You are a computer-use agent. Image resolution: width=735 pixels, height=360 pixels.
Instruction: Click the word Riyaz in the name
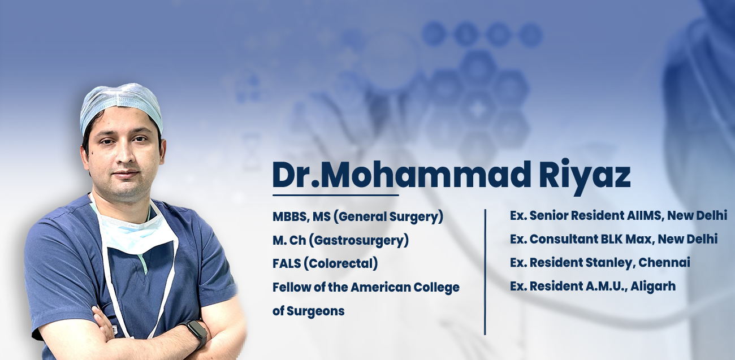(585, 176)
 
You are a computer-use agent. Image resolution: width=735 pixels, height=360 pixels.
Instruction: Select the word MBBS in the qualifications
(289, 217)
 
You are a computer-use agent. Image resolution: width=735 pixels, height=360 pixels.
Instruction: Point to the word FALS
(287, 263)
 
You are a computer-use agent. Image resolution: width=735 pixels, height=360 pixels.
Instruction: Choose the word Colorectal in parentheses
(341, 263)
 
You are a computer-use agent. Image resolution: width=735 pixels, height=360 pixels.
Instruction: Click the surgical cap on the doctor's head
(121, 105)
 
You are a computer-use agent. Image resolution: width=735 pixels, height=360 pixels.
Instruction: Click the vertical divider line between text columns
(485, 272)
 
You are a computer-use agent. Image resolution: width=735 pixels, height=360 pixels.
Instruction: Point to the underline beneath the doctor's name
(336, 195)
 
